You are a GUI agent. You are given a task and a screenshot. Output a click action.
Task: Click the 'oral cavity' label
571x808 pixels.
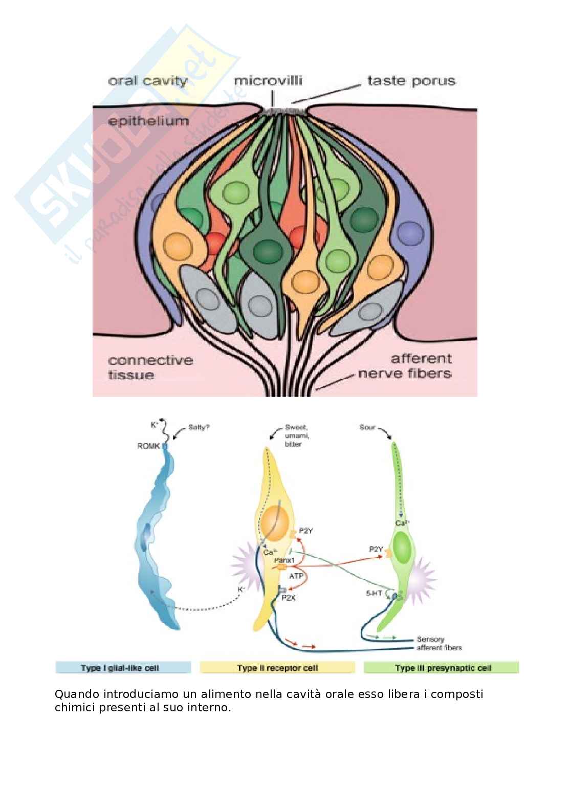point(148,81)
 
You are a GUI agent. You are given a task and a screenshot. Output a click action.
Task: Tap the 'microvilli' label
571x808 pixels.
point(268,81)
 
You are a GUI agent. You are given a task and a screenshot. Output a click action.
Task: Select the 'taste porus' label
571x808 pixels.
point(411,81)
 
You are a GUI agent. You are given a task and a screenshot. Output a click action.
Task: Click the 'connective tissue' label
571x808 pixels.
point(150,367)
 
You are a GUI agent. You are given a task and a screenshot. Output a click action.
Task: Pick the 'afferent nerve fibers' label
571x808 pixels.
point(405,366)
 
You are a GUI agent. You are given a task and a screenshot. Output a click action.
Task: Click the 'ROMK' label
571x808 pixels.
point(148,446)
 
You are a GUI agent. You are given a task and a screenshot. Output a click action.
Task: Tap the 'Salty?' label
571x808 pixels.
point(199,427)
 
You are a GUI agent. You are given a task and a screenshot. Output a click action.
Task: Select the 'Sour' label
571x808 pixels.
point(367,427)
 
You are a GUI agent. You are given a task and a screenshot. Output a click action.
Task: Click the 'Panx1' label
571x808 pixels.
point(284,560)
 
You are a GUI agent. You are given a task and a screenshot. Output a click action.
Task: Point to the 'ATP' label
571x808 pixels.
point(296,576)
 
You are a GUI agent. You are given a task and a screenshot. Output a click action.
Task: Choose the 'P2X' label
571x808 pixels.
point(289,597)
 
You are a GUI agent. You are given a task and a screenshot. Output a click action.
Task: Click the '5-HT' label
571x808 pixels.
point(374,594)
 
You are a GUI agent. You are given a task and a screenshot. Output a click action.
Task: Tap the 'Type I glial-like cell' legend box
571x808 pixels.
point(123,668)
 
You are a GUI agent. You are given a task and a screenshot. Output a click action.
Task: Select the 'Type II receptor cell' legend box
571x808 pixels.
point(277,668)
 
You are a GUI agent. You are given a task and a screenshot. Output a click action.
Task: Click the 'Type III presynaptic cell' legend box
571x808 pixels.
point(442,668)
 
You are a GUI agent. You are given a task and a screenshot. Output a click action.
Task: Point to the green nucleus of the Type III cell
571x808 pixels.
point(403,548)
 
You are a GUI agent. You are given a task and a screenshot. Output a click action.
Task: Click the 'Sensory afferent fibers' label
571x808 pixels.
point(439,643)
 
